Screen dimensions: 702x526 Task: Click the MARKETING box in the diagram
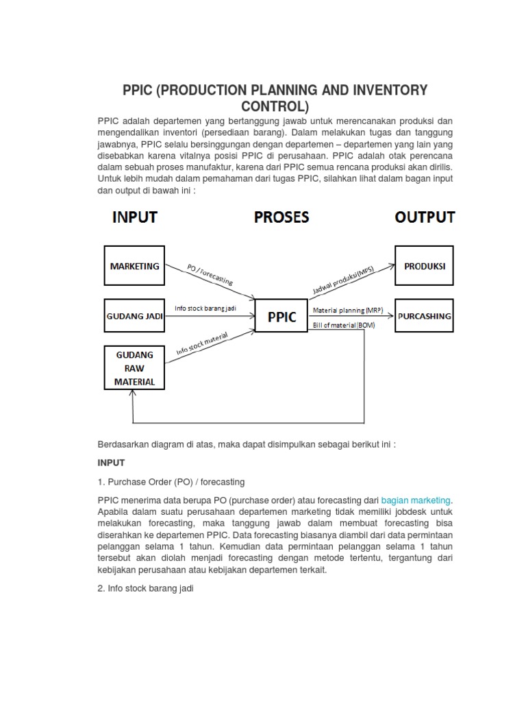134,266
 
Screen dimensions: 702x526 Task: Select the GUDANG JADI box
134,316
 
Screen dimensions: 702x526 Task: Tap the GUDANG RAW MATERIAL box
134,369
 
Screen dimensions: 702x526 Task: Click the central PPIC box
281,317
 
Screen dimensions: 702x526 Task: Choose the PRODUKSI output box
425,266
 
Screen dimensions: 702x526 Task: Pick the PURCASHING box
425,316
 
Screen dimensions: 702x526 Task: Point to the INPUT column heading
135,217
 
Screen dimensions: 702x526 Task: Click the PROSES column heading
281,217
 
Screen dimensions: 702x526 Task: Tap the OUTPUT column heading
425,217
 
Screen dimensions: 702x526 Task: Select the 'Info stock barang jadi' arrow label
205,308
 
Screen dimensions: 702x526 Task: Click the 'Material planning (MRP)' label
349,310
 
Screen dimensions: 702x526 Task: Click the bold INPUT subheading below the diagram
112,463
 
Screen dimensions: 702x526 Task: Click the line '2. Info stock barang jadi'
147,587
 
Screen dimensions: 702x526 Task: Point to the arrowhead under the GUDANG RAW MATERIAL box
134,396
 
